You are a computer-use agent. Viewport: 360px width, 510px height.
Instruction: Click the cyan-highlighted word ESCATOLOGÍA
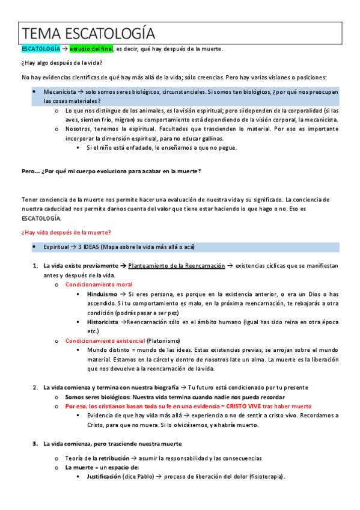41,49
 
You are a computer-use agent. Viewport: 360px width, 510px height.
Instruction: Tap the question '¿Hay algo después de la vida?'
62,63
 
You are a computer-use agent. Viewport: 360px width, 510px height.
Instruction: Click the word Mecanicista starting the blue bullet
59,92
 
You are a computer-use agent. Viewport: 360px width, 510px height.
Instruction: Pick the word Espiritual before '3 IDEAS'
58,247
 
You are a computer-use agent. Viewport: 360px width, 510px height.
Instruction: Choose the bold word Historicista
103,322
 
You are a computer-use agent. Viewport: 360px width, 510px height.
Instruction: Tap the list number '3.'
35,443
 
